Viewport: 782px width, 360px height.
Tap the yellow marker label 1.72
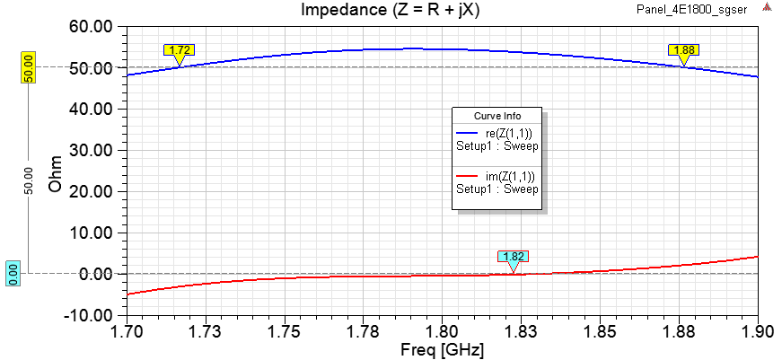180,50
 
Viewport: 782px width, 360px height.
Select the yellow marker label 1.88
683,50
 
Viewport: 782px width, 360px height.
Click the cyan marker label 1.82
514,256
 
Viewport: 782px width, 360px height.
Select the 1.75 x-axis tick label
285,332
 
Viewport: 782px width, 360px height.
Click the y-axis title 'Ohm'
56,171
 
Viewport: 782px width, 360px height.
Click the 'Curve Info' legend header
497,116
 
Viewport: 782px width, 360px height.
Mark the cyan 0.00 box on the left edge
13,273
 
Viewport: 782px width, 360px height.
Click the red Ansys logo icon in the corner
768,7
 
